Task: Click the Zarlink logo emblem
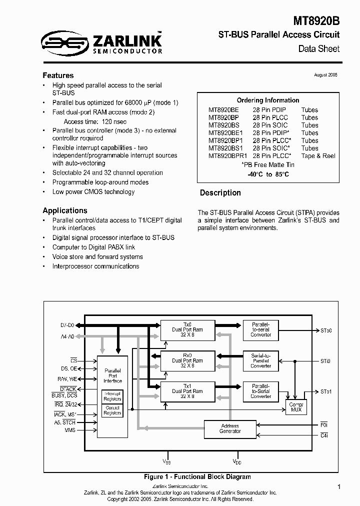coord(63,42)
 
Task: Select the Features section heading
coord(58,75)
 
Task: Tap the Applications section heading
coord(65,210)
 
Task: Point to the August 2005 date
coord(325,74)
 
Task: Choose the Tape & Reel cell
coord(318,156)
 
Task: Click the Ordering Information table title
coord(267,100)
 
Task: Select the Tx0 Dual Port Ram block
coord(187,330)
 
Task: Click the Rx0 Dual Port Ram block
coord(187,360)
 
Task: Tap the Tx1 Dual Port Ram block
coord(187,391)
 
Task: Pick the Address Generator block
coord(229,428)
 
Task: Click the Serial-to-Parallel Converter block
coord(260,360)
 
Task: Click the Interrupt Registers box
coord(112,396)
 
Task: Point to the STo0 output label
coord(326,330)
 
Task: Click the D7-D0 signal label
coord(67,325)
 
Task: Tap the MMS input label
coord(69,430)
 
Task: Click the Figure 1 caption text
coord(197,476)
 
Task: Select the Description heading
coord(220,193)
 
